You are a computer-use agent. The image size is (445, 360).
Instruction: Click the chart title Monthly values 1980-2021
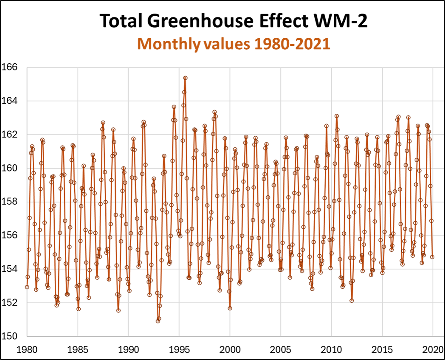[x=234, y=44]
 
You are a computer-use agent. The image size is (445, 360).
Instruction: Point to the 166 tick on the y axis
[x=9, y=67]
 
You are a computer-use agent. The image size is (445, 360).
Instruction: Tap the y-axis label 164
[x=9, y=101]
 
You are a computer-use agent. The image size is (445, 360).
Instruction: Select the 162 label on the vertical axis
[x=9, y=135]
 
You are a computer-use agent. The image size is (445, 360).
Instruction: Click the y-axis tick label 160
[x=9, y=168]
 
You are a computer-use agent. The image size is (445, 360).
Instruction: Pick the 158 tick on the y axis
[x=9, y=202]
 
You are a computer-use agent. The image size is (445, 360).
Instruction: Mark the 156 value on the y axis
[x=9, y=235]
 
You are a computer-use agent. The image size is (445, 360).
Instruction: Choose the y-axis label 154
[x=9, y=269]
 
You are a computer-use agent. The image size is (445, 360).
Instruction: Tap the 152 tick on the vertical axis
[x=9, y=303]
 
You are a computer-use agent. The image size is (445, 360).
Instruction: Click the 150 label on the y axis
[x=9, y=336]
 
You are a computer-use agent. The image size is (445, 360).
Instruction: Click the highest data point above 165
[x=185, y=78]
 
